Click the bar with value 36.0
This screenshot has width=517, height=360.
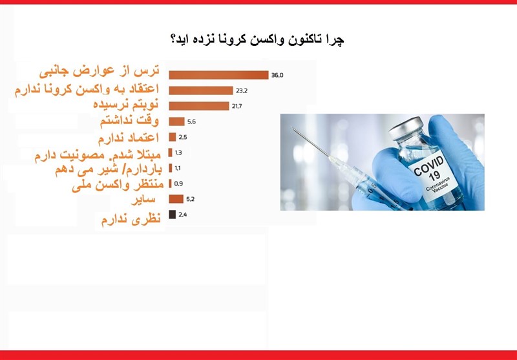[x=218, y=75]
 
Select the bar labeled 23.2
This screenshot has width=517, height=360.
[x=200, y=90]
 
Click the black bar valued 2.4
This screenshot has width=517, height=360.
[x=172, y=214]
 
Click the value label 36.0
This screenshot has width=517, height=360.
[x=277, y=76]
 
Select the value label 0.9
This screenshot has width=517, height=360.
[x=178, y=183]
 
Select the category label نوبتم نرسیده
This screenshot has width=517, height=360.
[x=123, y=105]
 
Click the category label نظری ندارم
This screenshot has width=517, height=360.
[x=129, y=220]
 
